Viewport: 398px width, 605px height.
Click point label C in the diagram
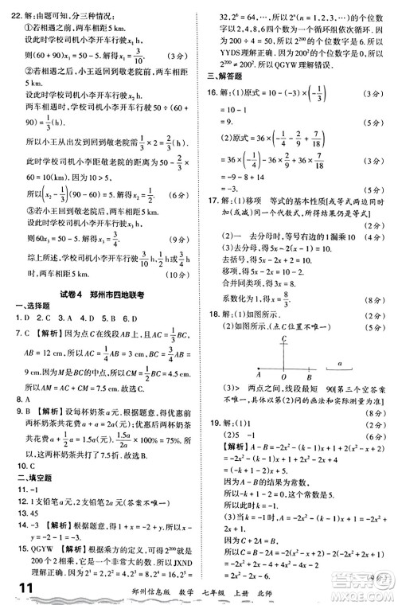click(x=283, y=338)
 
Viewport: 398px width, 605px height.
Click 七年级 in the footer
click(x=305, y=588)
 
